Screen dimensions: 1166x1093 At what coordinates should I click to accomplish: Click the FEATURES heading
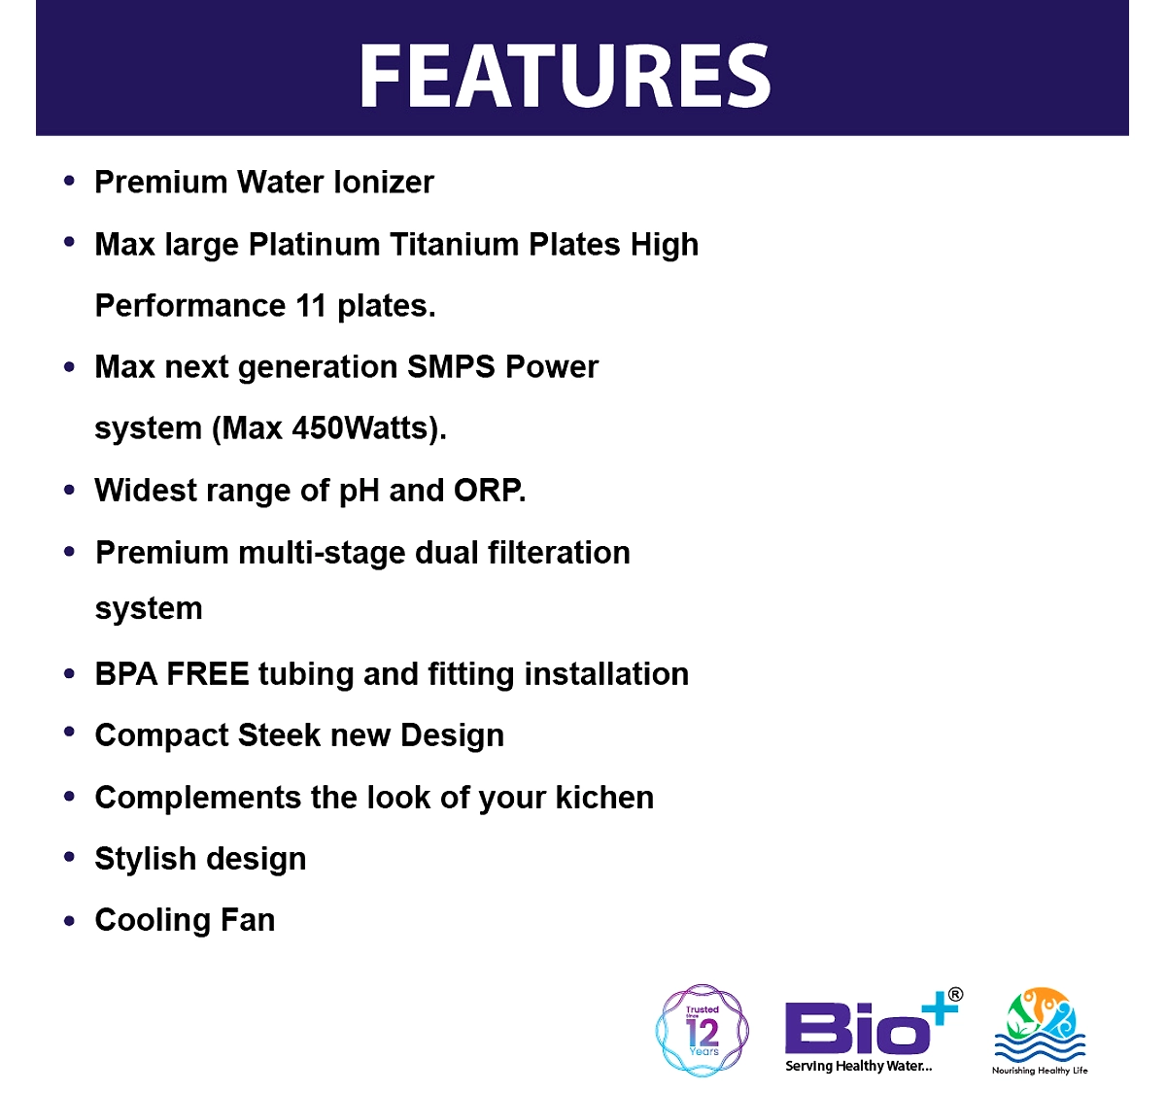click(565, 76)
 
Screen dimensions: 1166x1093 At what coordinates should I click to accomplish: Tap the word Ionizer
click(384, 182)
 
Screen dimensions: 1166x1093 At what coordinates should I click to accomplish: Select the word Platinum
click(314, 244)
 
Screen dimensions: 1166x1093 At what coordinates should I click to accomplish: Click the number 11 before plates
click(311, 305)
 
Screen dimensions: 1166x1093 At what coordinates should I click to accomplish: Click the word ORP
click(489, 490)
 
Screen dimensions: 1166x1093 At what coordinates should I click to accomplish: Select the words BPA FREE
click(171, 673)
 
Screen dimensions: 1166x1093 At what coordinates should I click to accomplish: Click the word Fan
click(247, 920)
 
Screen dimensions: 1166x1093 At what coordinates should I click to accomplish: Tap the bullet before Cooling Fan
click(69, 920)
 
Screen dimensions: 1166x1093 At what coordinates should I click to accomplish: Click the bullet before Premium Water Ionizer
click(69, 181)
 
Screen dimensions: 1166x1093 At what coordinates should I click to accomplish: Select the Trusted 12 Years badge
click(702, 1030)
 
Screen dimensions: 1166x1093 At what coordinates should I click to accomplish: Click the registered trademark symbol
click(955, 994)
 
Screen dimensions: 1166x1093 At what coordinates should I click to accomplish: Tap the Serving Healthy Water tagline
click(858, 1066)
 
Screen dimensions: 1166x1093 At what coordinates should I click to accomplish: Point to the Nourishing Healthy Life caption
click(1039, 1070)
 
